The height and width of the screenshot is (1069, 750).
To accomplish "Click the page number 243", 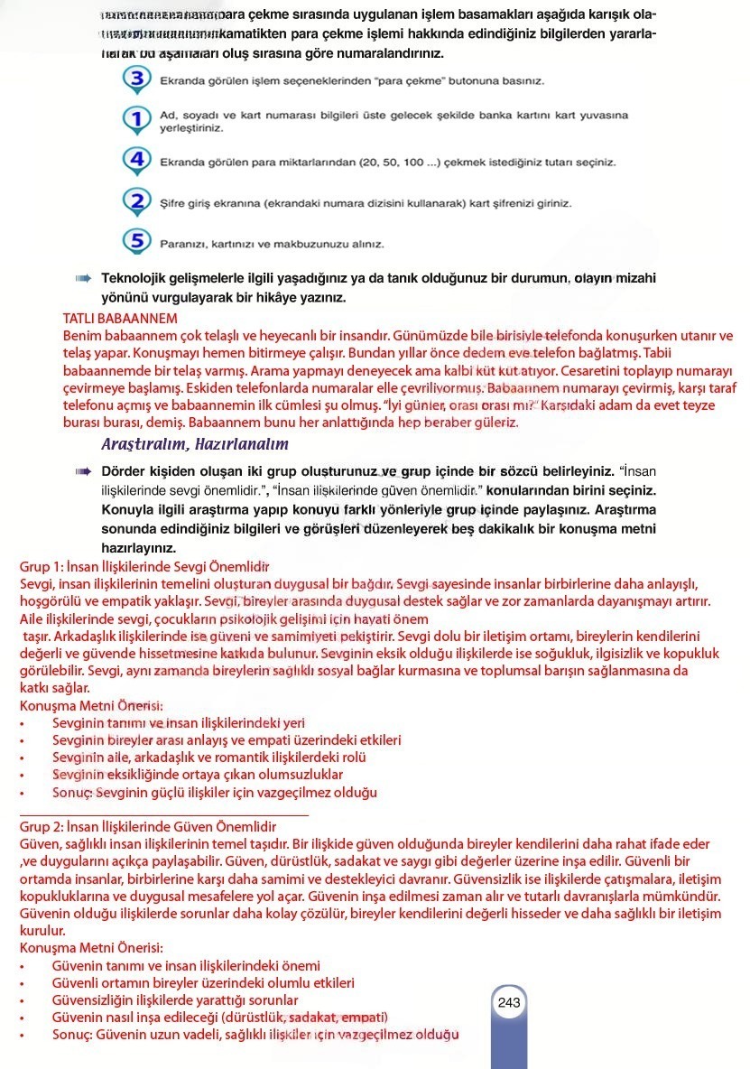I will pos(509,1002).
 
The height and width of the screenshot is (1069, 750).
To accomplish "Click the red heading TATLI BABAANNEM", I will pos(120,318).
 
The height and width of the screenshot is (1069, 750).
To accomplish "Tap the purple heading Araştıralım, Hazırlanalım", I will pos(195,444).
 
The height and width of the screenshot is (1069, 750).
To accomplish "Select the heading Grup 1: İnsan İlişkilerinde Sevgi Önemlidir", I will pos(144,567).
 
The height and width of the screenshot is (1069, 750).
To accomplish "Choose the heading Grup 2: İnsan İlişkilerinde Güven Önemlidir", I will pos(148,827).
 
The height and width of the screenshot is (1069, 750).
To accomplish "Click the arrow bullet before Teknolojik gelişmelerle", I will pos(85,279).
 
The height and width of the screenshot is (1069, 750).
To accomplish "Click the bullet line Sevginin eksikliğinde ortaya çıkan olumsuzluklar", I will pos(198,775).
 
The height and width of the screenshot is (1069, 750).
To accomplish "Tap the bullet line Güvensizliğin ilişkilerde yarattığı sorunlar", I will pos(175,1000).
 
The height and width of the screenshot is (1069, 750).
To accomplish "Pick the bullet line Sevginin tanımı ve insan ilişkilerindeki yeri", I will pos(179,723).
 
